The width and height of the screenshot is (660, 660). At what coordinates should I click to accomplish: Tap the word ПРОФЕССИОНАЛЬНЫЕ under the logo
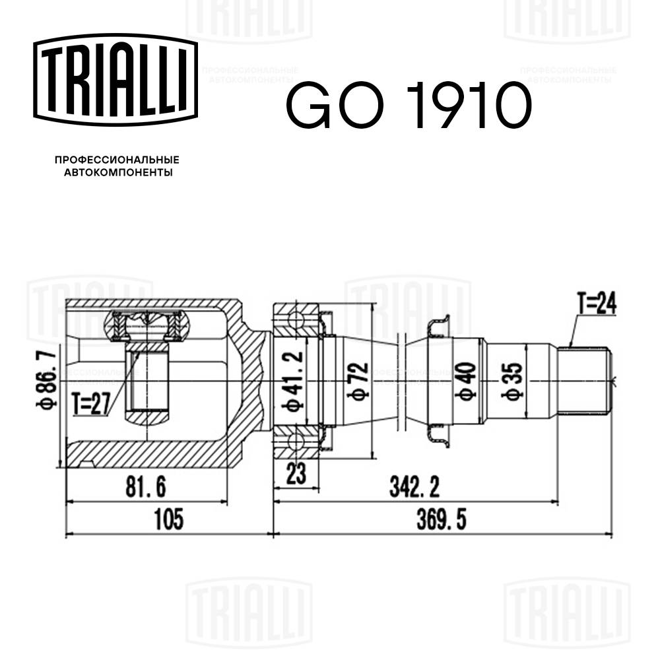(117, 160)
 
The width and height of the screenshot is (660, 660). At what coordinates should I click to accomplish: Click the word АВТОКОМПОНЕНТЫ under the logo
(117, 173)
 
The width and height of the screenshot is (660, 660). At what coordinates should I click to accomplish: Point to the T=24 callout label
(596, 304)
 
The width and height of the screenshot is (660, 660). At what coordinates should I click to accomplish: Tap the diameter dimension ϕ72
(359, 381)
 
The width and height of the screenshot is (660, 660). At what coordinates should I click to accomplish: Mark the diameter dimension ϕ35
(514, 381)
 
